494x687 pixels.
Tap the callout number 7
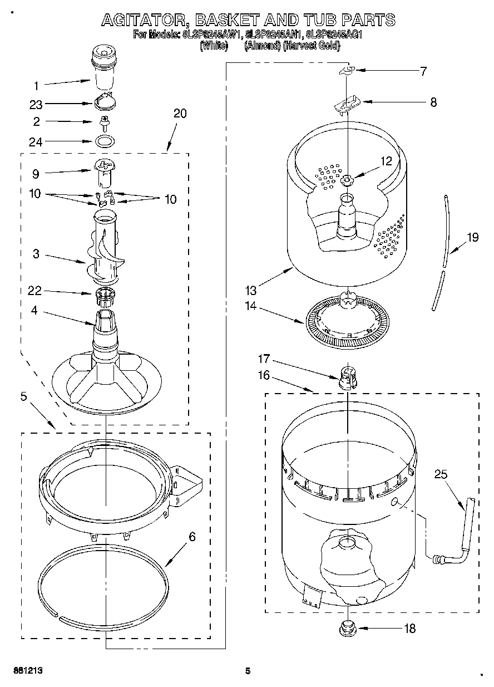(423, 71)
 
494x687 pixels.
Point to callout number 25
(441, 475)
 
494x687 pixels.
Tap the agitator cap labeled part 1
(105, 68)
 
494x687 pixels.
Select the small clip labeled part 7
(347, 70)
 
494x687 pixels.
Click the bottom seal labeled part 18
(347, 628)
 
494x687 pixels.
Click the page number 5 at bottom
(248, 671)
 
